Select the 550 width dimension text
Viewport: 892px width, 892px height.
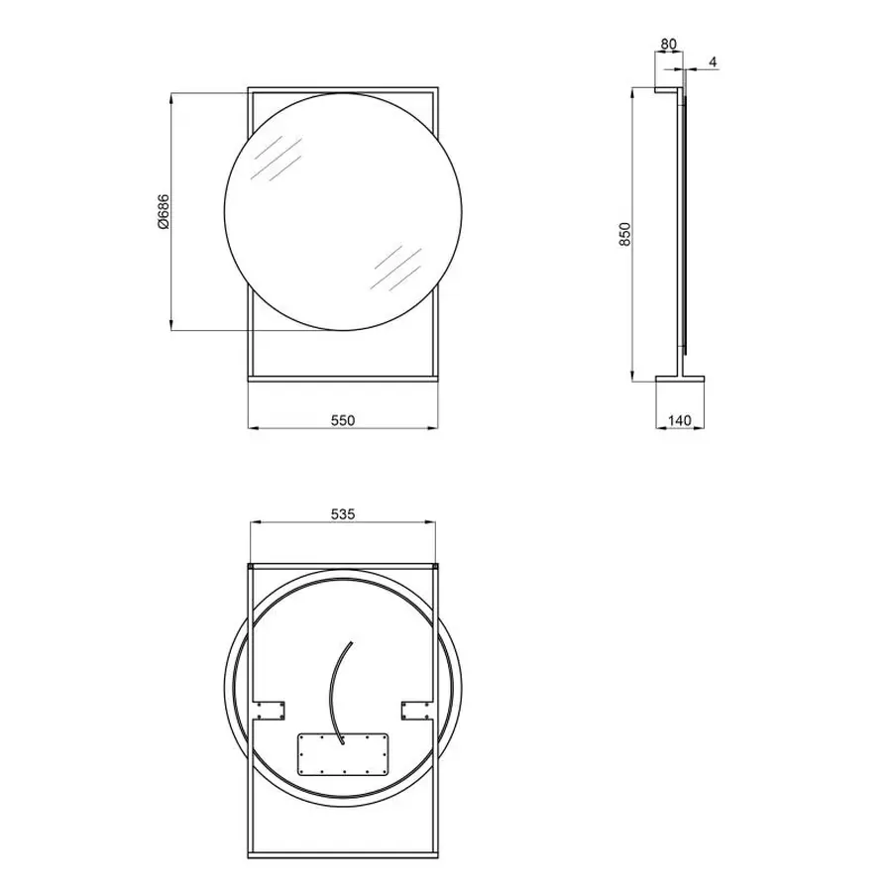342,420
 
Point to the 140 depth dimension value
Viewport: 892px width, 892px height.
679,420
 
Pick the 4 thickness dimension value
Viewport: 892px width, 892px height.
713,63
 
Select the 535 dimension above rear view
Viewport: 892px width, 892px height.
342,513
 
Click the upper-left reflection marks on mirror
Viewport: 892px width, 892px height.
274,159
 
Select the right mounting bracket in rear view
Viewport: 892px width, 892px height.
416,709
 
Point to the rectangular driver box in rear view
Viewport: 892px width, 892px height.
342,753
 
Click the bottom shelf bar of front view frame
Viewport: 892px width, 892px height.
342,377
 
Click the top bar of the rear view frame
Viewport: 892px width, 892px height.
342,566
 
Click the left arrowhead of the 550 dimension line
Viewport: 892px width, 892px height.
250,428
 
